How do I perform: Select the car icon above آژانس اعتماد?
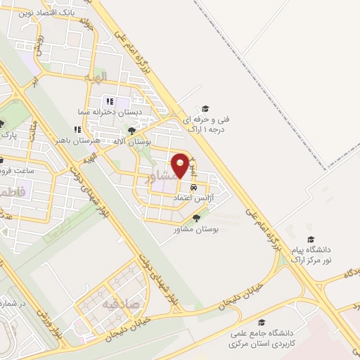[x=193, y=188]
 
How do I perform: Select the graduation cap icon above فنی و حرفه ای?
[x=205, y=108]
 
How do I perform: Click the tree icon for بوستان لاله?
[x=131, y=130]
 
